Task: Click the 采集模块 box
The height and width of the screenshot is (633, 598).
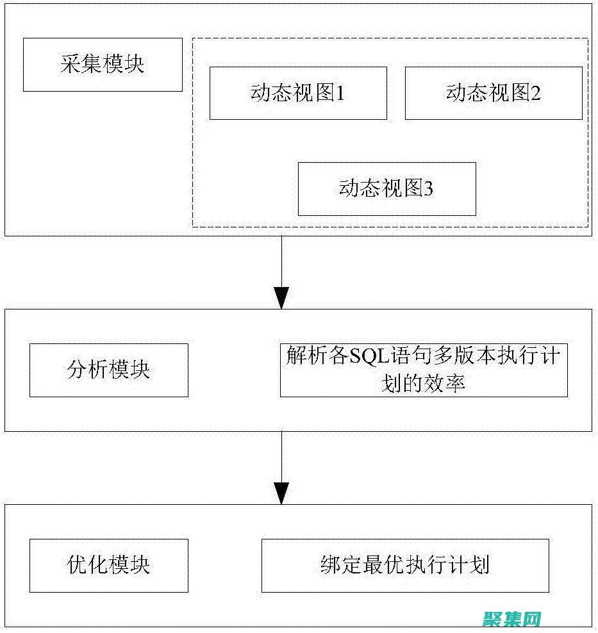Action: [103, 65]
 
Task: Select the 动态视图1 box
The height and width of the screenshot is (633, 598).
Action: [298, 93]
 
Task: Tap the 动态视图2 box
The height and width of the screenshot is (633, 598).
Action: [494, 93]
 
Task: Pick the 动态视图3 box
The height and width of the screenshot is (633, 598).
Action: [386, 188]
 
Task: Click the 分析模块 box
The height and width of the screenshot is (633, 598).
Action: [109, 370]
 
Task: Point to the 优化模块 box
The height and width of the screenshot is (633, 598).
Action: [109, 565]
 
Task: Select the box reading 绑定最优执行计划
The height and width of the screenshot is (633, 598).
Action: [405, 565]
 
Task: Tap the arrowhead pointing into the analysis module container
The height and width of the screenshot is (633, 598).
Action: [281, 298]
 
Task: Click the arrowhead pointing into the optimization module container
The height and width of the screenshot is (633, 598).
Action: [281, 493]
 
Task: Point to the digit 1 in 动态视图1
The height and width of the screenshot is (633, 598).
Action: [341, 94]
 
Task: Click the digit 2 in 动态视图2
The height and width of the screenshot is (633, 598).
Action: [536, 94]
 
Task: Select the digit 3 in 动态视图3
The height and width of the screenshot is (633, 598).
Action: [429, 189]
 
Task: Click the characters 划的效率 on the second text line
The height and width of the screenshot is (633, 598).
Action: [423, 384]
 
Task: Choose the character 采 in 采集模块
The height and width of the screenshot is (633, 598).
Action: [71, 65]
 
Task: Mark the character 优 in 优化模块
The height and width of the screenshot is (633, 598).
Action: [77, 565]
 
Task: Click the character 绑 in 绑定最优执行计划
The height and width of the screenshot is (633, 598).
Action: [330, 565]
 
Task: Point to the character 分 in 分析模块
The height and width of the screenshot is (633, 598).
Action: [77, 370]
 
